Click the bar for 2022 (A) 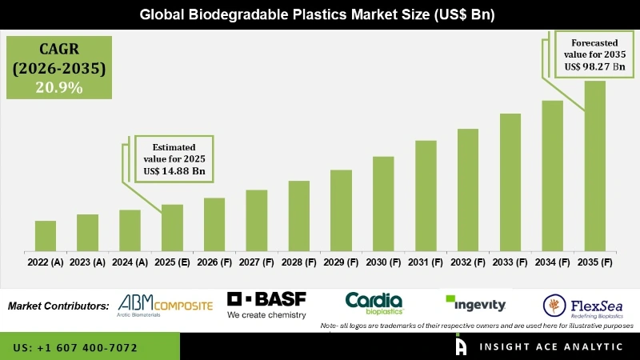[x=46, y=236]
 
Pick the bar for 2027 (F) [x=256, y=220]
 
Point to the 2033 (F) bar [x=510, y=182]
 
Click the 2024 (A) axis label [x=130, y=262]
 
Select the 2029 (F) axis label [x=341, y=262]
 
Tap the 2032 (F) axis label [x=468, y=262]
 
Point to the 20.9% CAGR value [x=58, y=88]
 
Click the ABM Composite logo [x=166, y=305]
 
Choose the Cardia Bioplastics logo [x=374, y=302]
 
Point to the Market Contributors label [x=58, y=306]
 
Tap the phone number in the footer [x=75, y=348]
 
